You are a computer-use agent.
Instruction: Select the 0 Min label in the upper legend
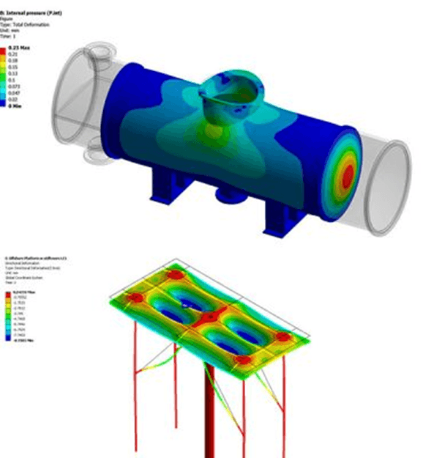[14, 106]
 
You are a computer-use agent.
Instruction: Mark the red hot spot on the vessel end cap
[348, 174]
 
